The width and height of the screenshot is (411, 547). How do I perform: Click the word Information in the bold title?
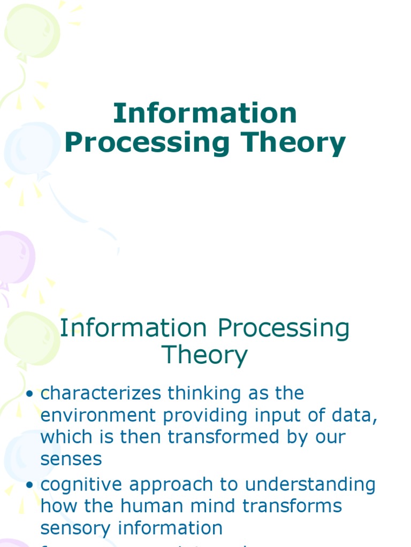tap(205, 113)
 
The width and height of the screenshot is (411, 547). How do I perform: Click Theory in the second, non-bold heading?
tap(205, 355)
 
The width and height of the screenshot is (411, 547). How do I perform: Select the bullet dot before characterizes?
tap(30, 394)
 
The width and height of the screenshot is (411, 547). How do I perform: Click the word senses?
tap(71, 459)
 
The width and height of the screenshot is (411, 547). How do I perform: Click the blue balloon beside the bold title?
tap(29, 147)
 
